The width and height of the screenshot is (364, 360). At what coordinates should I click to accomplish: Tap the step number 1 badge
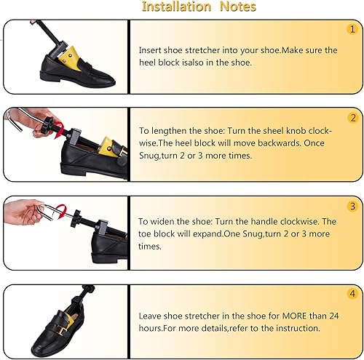tap(352, 30)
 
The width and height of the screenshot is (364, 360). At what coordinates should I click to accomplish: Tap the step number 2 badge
tap(352, 118)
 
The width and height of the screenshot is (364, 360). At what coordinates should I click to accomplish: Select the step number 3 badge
tap(352, 207)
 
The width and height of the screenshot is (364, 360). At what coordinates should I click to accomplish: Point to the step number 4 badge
tap(352, 295)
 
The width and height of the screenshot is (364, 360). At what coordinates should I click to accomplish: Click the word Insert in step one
tap(151, 51)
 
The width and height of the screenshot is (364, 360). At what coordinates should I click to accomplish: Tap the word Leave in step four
tap(151, 316)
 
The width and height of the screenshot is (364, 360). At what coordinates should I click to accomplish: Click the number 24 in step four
tap(331, 316)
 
